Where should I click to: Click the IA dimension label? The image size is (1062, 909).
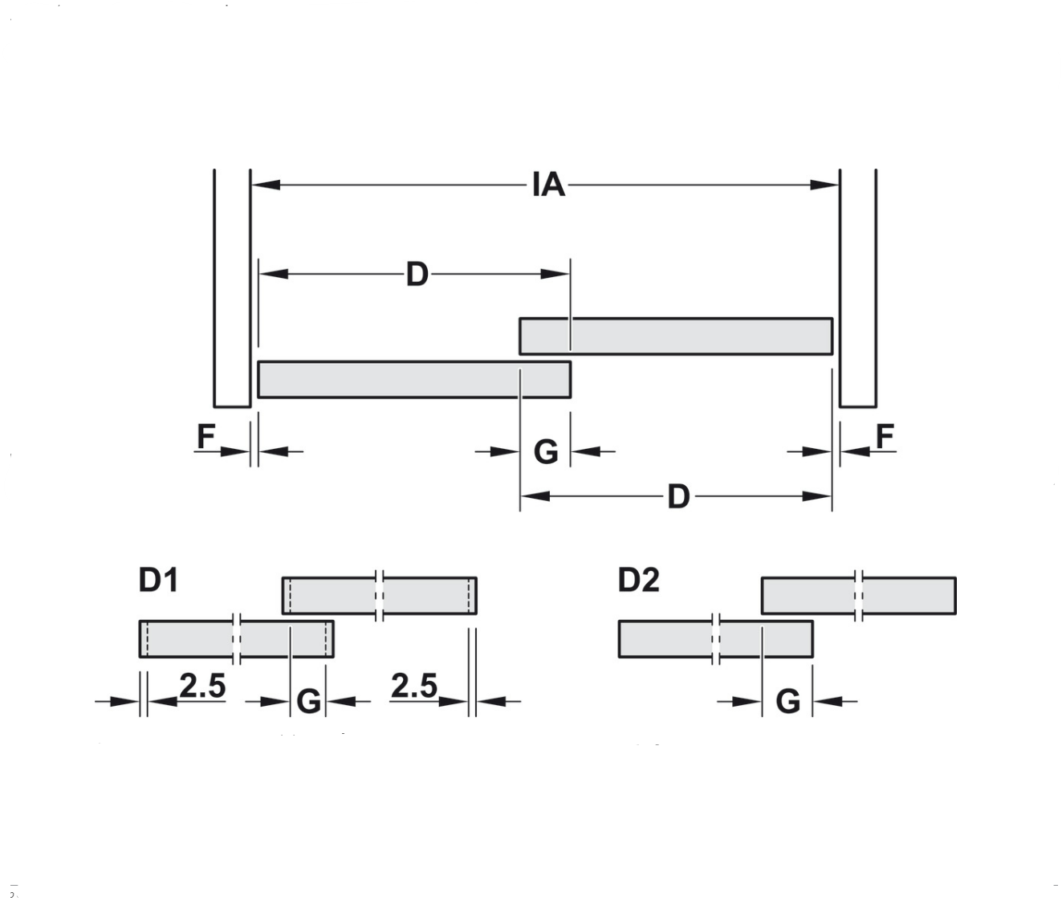tap(548, 185)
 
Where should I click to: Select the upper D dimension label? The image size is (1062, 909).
tap(417, 275)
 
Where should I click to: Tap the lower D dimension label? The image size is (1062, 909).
tap(678, 497)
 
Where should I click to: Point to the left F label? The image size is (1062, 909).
tap(206, 438)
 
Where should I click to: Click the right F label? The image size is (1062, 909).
tap(885, 438)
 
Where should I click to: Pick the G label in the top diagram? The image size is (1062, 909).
tap(546, 453)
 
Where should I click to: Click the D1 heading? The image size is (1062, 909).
tap(158, 581)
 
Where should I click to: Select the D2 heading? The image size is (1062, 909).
tap(638, 581)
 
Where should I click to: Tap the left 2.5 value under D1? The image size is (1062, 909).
tap(202, 687)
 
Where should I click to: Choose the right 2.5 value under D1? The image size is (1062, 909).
tap(414, 687)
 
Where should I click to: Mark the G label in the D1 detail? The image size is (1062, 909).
tap(309, 703)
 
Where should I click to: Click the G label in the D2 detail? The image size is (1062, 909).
tap(788, 703)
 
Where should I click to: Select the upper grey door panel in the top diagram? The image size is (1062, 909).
tap(676, 336)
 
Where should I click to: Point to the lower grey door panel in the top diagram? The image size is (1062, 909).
tap(414, 380)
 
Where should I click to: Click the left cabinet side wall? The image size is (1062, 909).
tap(233, 289)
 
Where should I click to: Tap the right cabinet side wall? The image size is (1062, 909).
tap(858, 289)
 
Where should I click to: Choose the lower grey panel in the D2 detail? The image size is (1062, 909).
tap(715, 639)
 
